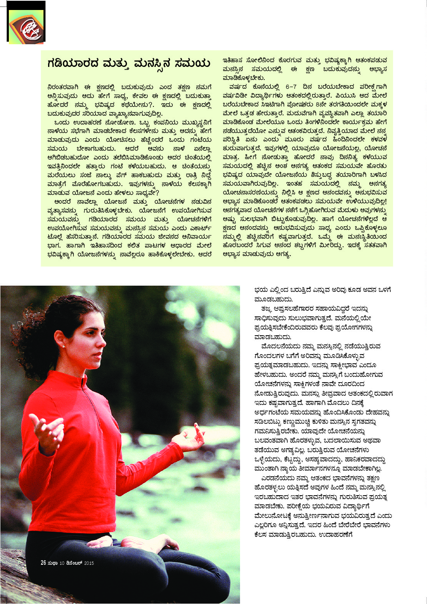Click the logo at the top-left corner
coord(26,27)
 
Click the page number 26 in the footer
coord(43,563)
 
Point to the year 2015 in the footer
coord(89,563)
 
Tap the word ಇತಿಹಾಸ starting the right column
coord(233,60)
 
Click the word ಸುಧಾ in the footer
coord(52,563)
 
